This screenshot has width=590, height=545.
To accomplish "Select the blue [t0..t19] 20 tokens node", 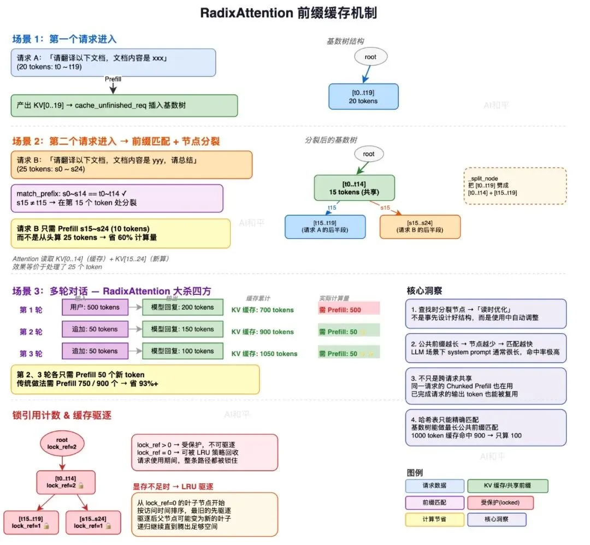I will [363, 97].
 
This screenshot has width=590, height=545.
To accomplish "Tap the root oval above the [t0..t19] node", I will [370, 56].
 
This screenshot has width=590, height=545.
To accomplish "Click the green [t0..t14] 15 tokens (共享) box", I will [354, 188].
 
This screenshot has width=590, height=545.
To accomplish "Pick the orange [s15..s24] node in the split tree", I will [420, 227].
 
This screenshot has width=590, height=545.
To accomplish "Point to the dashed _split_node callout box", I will [515, 186].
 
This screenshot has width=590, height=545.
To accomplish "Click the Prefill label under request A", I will [113, 79].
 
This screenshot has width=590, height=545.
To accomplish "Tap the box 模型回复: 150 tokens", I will [182, 329].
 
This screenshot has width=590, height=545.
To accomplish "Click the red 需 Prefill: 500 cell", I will [348, 310].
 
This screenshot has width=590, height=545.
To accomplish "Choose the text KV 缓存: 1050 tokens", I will [264, 354].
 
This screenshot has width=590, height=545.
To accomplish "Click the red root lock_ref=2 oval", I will [62, 443].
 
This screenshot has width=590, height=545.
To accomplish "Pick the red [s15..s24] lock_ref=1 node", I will [90, 523].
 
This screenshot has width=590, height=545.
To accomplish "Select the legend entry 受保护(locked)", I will [500, 502].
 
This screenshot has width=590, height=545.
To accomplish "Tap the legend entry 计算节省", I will [434, 519].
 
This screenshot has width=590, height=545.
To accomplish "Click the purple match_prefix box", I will [117, 198].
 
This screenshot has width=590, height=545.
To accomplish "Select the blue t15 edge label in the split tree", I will [331, 208].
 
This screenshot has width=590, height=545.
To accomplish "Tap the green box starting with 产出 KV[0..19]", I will [125, 105].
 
